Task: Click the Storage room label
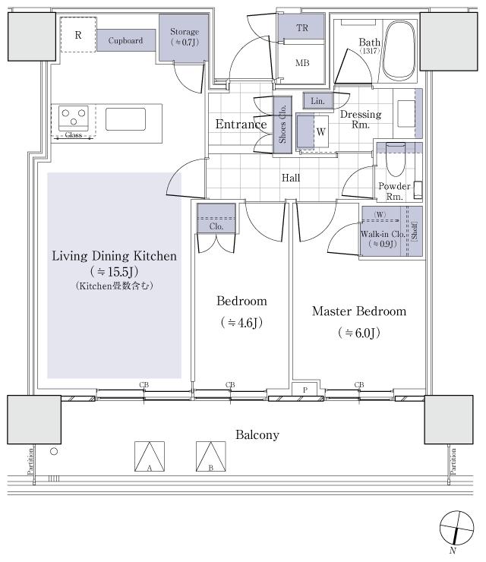(184, 36)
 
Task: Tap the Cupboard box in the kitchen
(125, 40)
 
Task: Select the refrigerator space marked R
(78, 36)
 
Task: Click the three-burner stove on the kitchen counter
(74, 118)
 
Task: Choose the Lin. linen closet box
(316, 100)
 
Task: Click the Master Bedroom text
(358, 311)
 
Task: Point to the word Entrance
(241, 125)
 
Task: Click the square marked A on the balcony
(150, 458)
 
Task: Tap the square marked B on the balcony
(212, 458)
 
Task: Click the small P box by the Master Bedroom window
(305, 390)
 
